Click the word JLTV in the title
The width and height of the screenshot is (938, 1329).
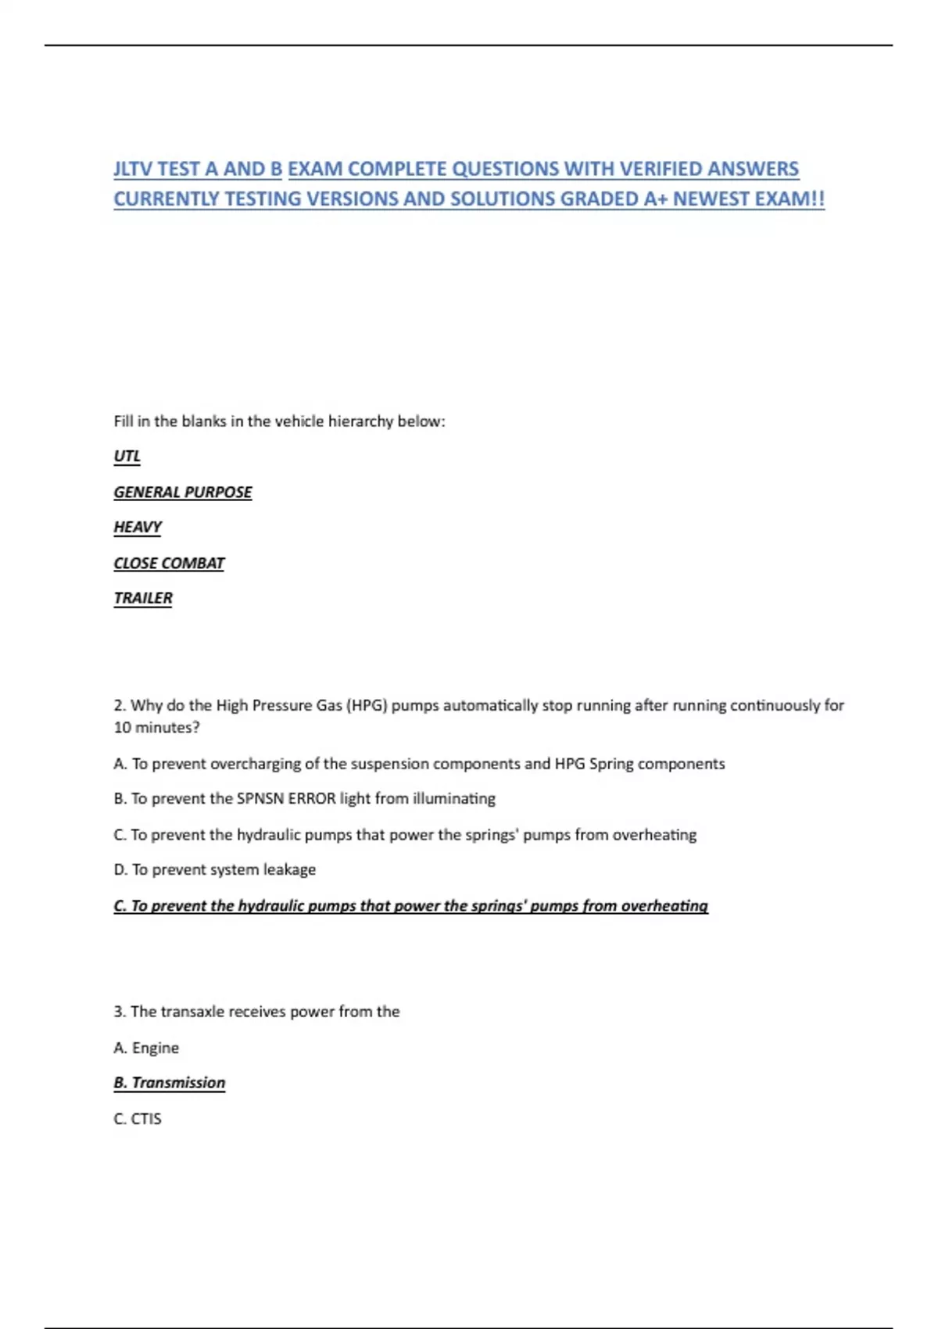[x=133, y=169]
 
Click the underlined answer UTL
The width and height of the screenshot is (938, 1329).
[x=127, y=456]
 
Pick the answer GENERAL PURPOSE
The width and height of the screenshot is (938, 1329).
[x=183, y=492]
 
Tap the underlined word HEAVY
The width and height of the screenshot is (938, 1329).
[x=138, y=527]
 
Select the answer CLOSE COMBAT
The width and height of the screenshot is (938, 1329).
[x=169, y=563]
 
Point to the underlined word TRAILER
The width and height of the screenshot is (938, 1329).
[x=143, y=598]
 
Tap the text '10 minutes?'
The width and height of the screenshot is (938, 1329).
[x=156, y=727]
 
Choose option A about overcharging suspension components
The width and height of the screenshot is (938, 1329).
[x=419, y=764]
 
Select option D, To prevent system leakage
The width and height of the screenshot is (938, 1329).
[x=215, y=869]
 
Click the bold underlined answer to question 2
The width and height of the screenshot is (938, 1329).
[x=410, y=905]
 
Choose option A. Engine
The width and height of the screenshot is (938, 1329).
[x=146, y=1048]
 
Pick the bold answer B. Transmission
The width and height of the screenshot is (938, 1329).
[x=170, y=1083]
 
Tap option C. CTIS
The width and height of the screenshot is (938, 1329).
[x=138, y=1119]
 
